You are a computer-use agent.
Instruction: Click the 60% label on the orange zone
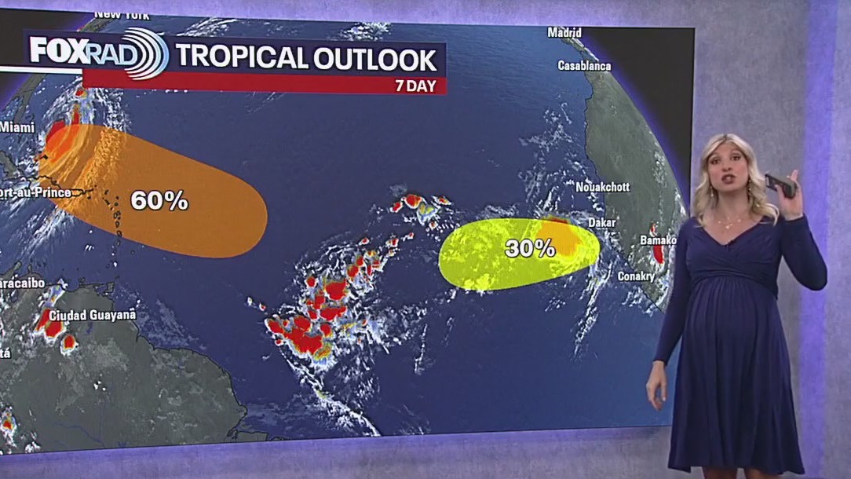[x=159, y=200]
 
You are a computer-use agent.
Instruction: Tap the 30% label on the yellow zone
[x=530, y=249]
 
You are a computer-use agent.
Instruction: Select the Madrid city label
[x=564, y=33]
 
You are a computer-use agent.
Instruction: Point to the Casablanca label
[x=584, y=66]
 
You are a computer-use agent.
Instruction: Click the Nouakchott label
[x=603, y=188]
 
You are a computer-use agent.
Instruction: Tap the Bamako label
[x=658, y=239]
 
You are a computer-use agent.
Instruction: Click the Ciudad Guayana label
[x=93, y=315]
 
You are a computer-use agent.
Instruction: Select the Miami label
[x=17, y=127]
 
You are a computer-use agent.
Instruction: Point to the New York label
[x=122, y=15]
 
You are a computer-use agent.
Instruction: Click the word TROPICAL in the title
[x=240, y=58]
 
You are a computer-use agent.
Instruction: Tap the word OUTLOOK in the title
[x=374, y=58]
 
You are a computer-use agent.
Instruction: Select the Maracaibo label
[x=21, y=283]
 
